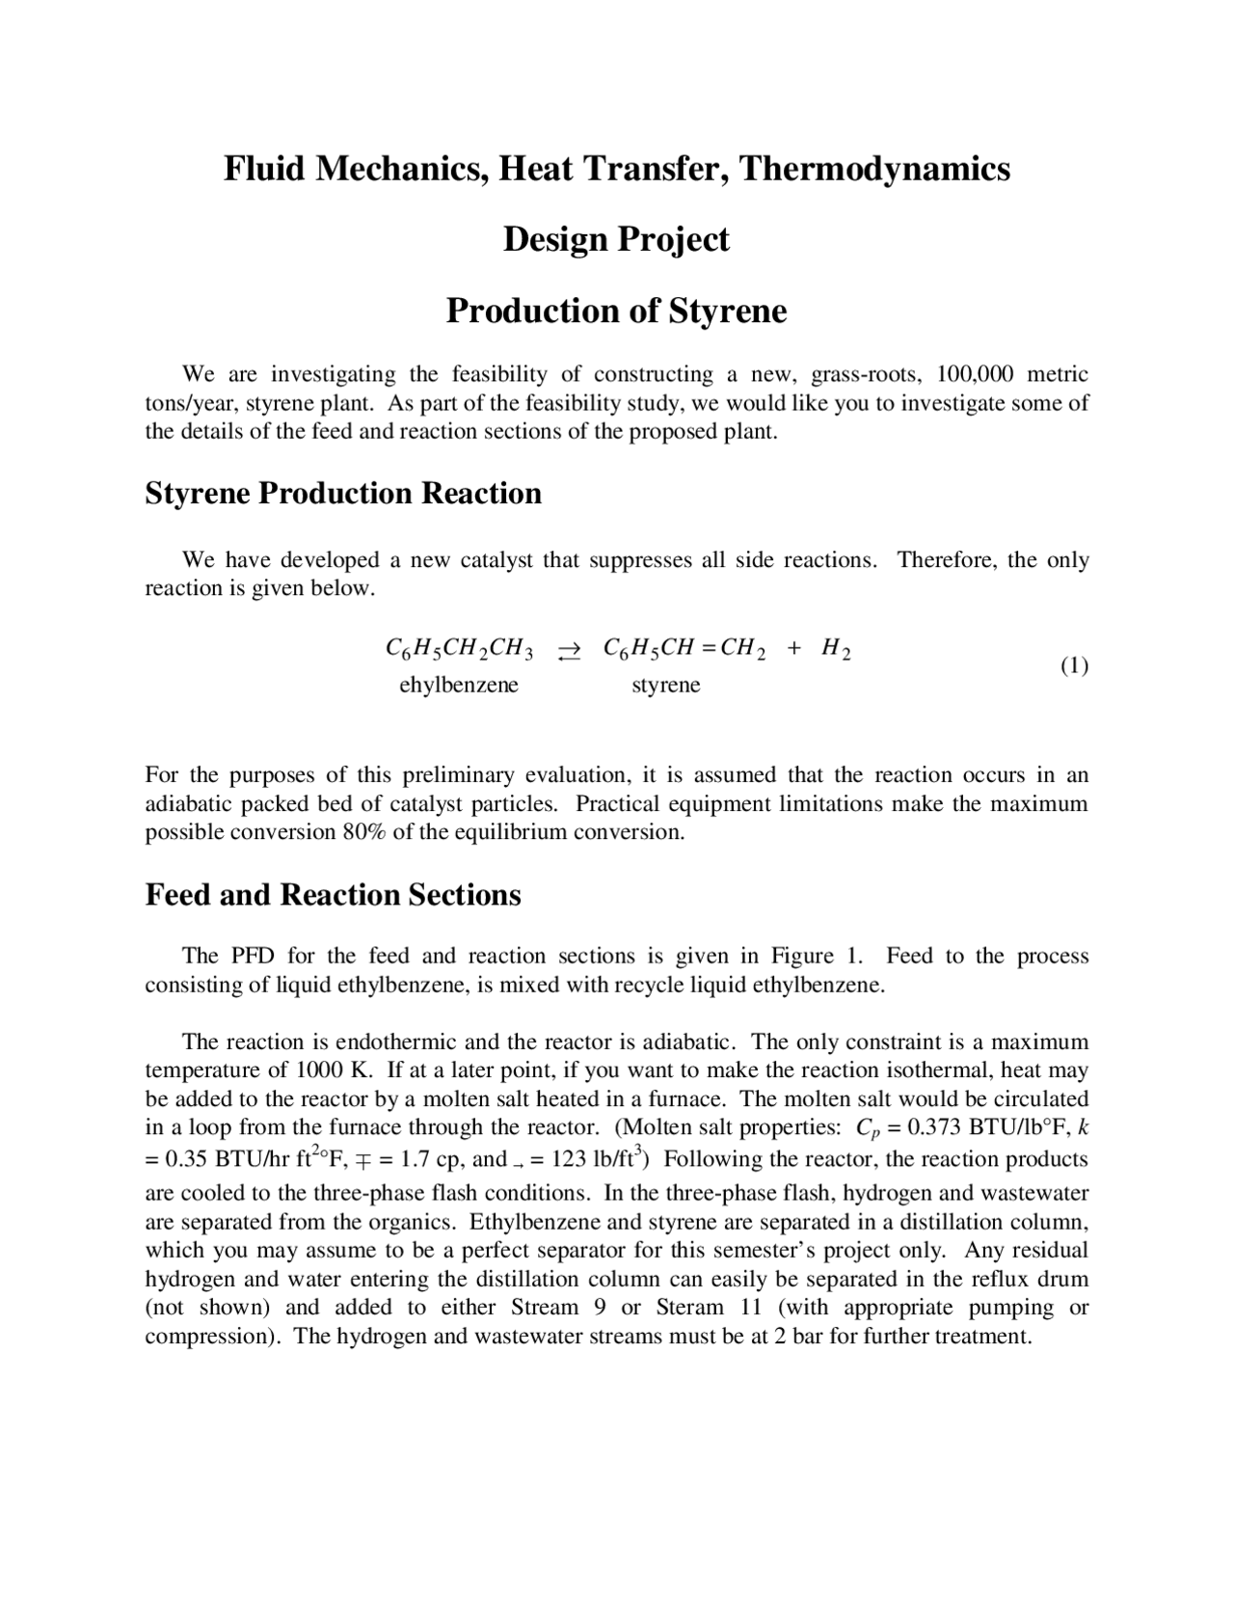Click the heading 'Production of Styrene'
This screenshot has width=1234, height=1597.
click(616, 311)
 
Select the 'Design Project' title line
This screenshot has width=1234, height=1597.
click(616, 239)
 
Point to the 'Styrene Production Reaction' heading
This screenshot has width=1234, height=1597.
click(343, 494)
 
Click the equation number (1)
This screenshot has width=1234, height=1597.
click(1074, 665)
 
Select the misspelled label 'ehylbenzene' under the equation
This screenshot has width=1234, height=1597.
click(459, 685)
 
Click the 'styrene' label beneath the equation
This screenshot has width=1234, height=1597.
click(665, 685)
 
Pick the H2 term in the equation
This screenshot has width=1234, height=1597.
click(835, 648)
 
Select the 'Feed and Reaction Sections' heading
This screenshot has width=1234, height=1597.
click(333, 895)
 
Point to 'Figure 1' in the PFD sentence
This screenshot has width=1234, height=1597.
click(815, 957)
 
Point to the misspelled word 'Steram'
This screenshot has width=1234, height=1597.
click(689, 1308)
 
